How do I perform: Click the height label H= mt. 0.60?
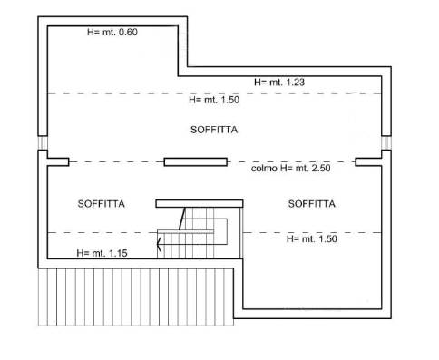tap(112, 32)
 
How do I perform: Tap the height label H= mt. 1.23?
tap(279, 82)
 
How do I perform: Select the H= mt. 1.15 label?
tap(102, 253)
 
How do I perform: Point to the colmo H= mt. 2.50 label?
tap(290, 168)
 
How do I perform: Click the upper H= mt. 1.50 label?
tap(214, 100)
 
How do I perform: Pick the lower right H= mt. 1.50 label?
tap(312, 238)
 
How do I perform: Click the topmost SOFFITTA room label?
tap(214, 130)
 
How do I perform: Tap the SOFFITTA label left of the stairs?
tap(102, 204)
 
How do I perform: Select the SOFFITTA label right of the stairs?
tap(312, 204)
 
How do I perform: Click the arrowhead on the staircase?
tap(159, 244)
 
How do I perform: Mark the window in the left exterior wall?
tap(43, 142)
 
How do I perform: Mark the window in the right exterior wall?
tap(386, 142)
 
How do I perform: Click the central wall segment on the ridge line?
tap(196, 162)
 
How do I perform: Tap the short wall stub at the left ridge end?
tap(58, 162)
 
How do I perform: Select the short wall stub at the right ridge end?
tap(368, 162)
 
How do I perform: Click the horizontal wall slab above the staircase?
tap(200, 203)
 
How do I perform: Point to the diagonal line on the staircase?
tap(182, 219)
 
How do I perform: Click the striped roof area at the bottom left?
tap(136, 297)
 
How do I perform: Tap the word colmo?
tap(264, 168)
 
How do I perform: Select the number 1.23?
tap(294, 82)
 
